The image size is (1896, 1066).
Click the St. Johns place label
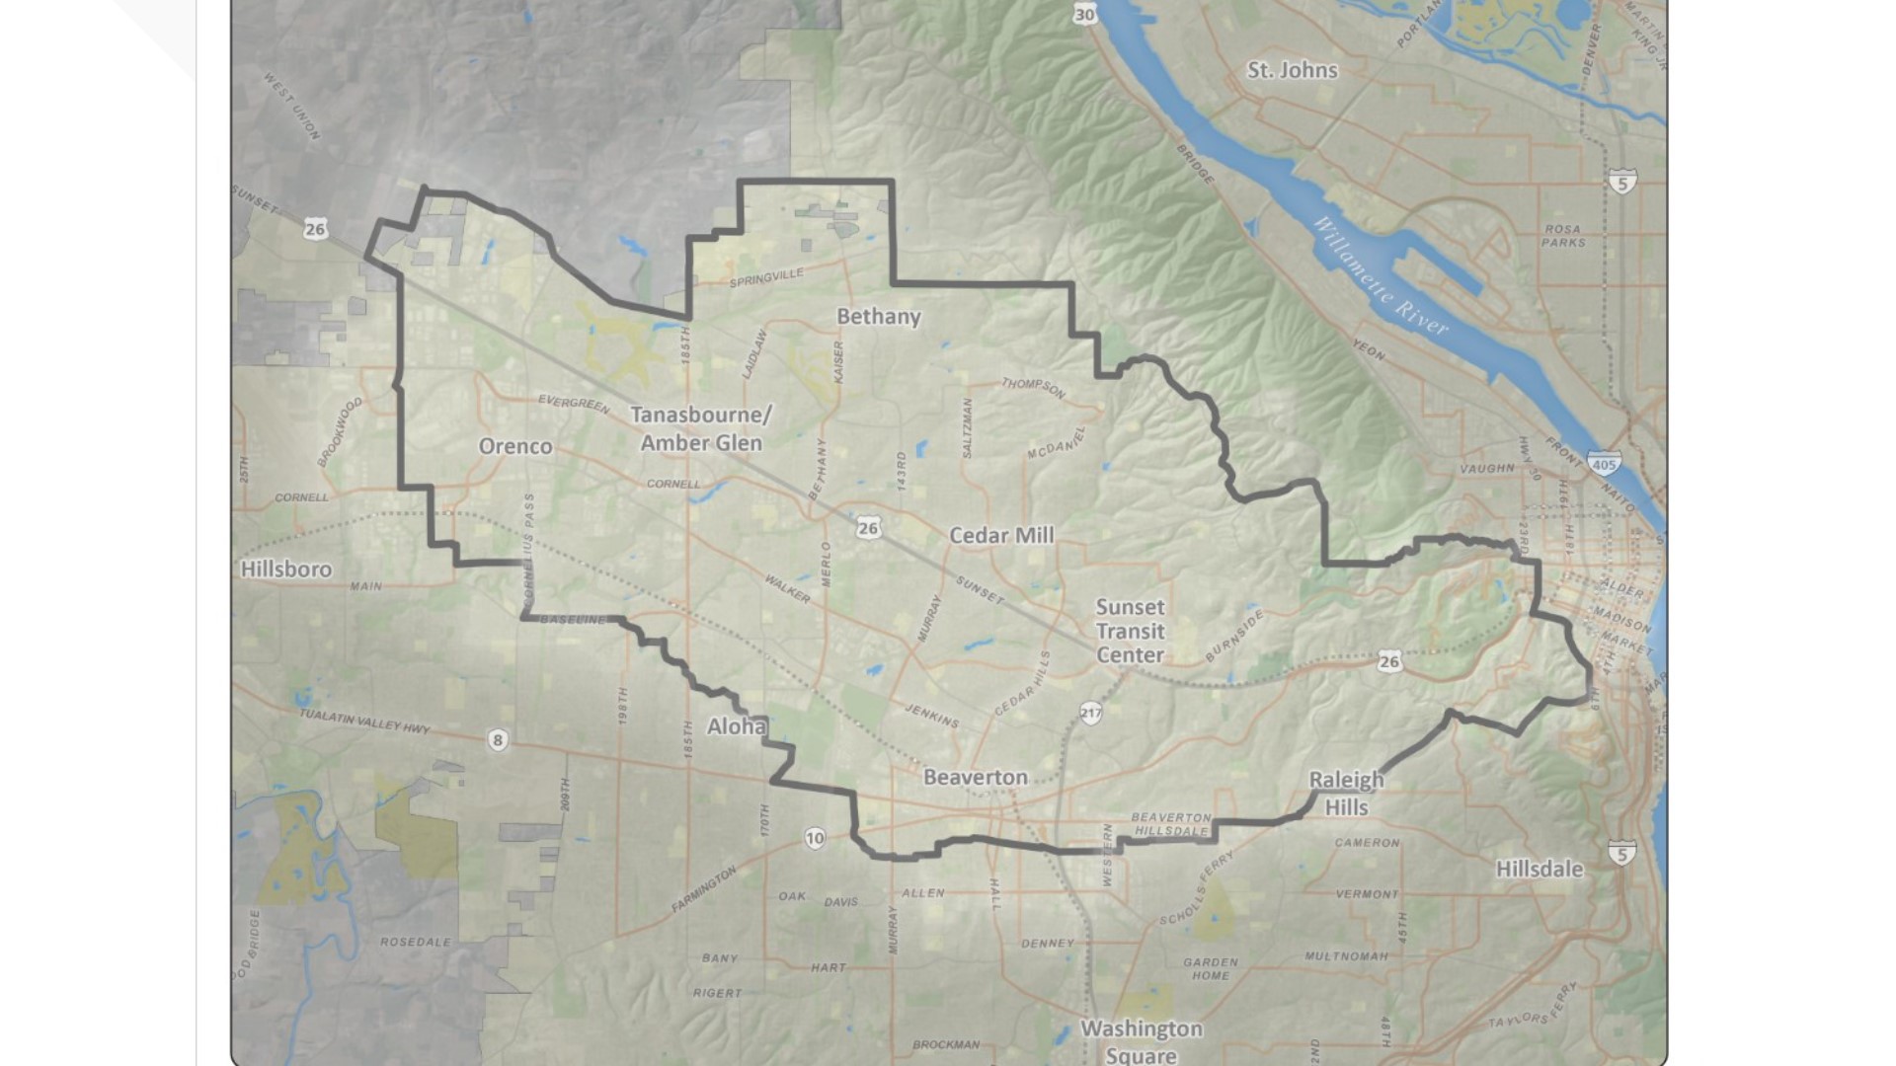pos(1292,70)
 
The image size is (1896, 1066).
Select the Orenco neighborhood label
pos(514,446)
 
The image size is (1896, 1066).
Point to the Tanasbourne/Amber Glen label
pos(701,428)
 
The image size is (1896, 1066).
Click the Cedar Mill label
pos(1001,535)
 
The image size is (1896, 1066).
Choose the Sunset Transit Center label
pos(1130,631)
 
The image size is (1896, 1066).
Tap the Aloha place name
pos(737,726)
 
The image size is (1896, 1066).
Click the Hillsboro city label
pos(286,569)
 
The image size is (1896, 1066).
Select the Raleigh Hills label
pos(1346,793)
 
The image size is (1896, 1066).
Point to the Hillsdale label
pos(1539,869)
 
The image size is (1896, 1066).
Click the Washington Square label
pos(1141,1041)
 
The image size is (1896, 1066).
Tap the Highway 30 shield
pos(1084,14)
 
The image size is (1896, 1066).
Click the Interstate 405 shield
pos(1604,463)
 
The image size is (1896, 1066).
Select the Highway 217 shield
pos(1090,713)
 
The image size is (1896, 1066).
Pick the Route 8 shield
pos(498,740)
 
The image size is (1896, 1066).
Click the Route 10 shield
pos(814,839)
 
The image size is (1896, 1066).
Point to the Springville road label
pos(766,278)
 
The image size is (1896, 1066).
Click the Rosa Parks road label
pos(1563,235)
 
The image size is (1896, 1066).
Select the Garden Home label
pos(1210,968)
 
